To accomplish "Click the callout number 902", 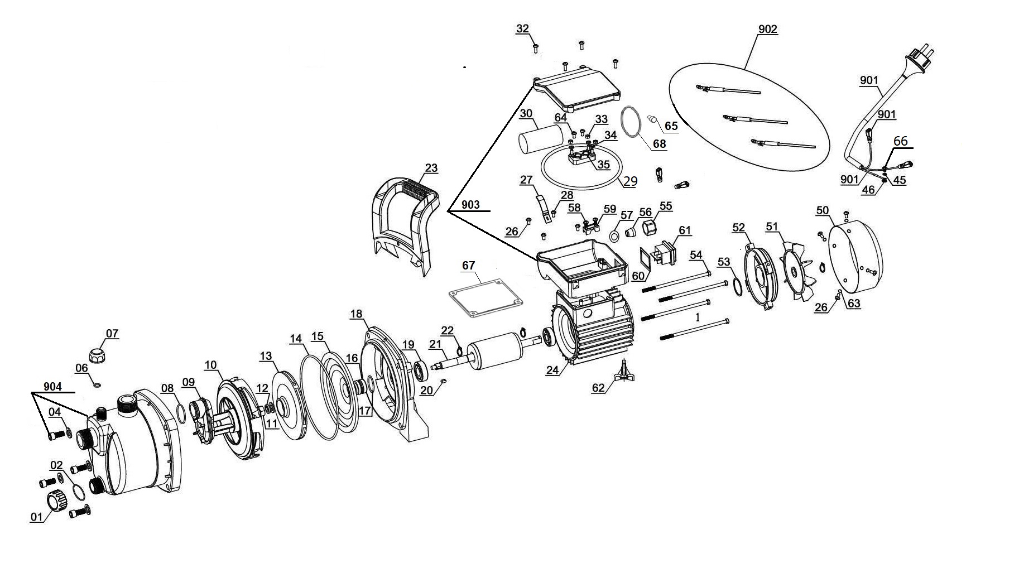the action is coord(767,29).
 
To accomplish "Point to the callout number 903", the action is coord(470,205).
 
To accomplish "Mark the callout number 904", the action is coord(53,386).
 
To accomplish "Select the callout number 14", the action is coord(296,338).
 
